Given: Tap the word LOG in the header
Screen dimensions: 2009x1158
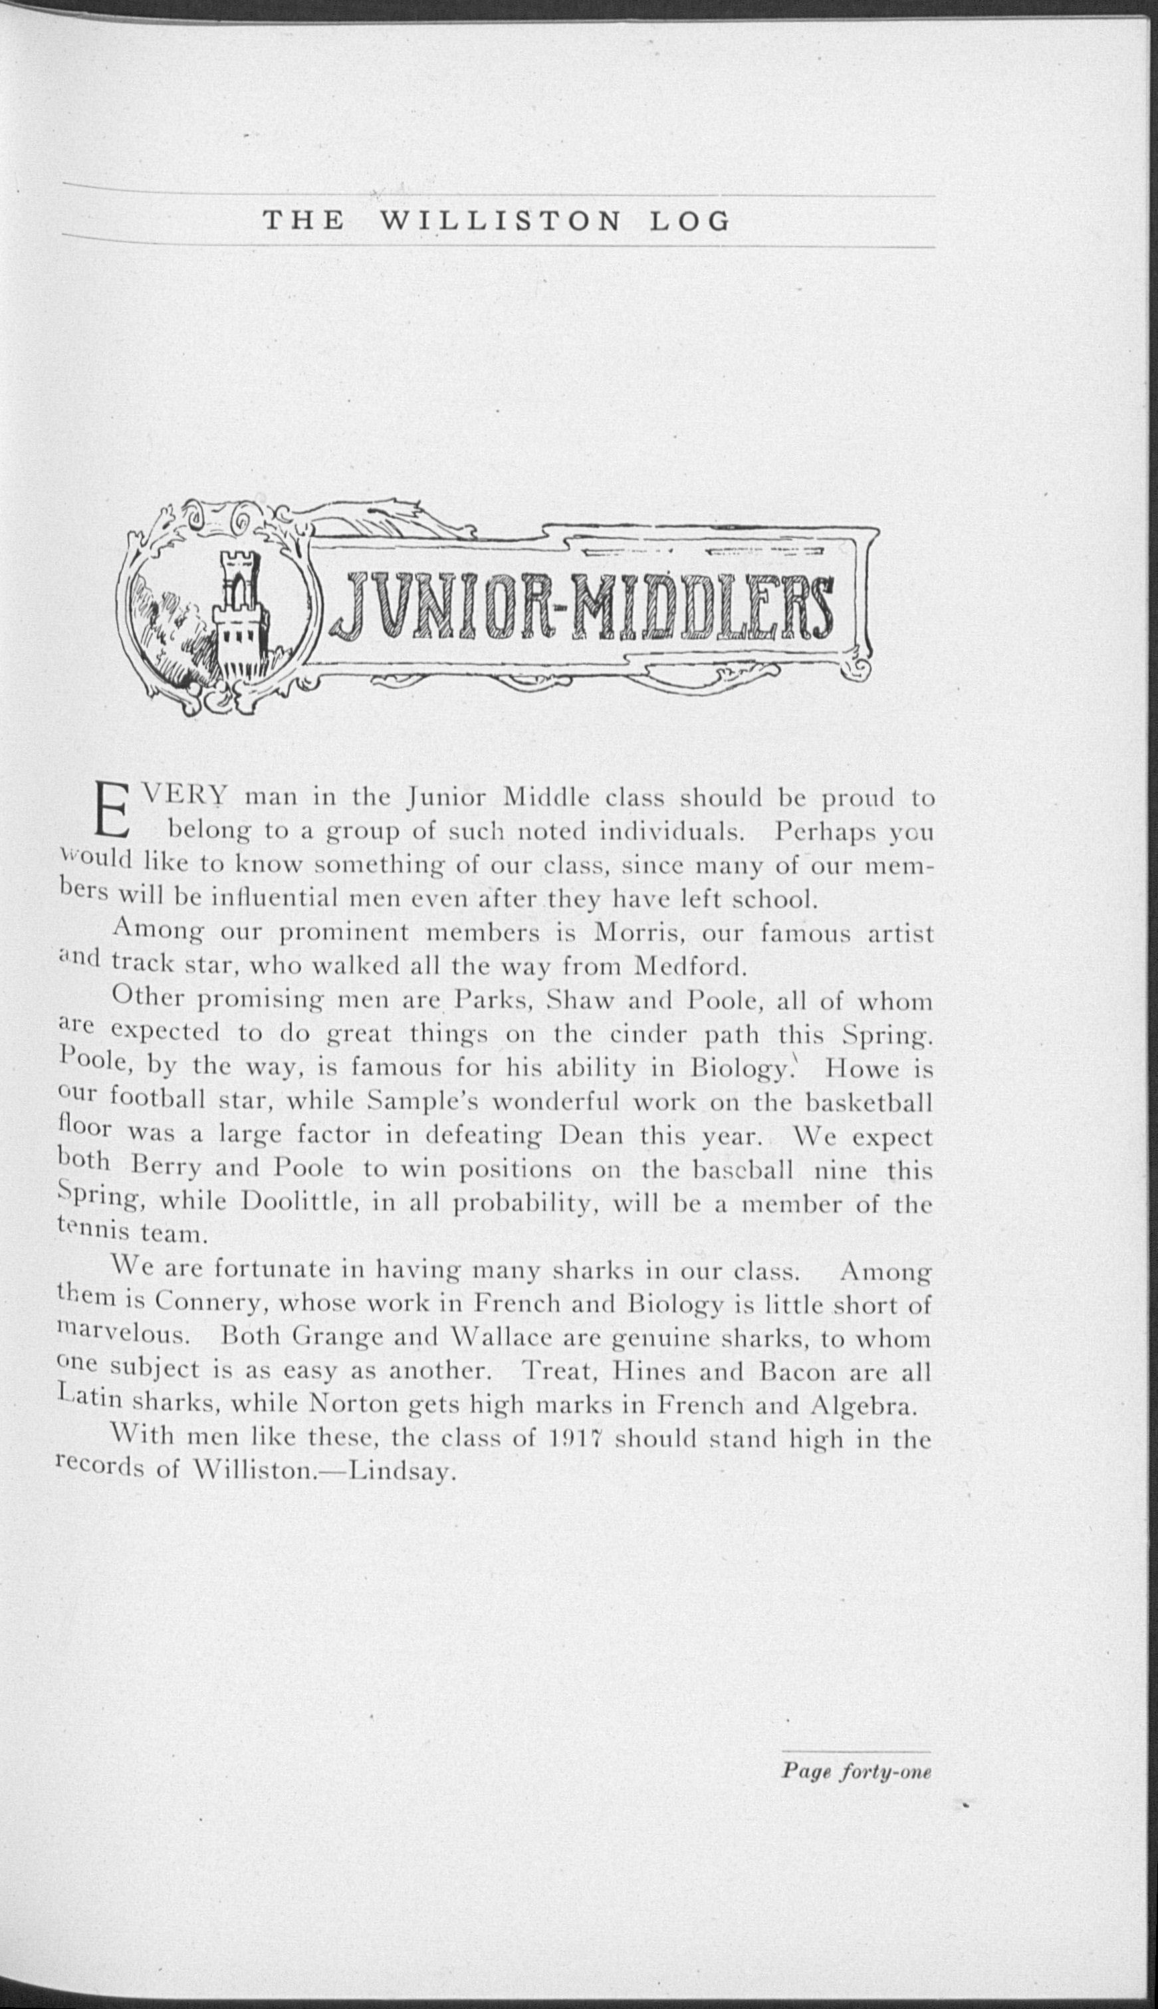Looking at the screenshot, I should click(689, 221).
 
